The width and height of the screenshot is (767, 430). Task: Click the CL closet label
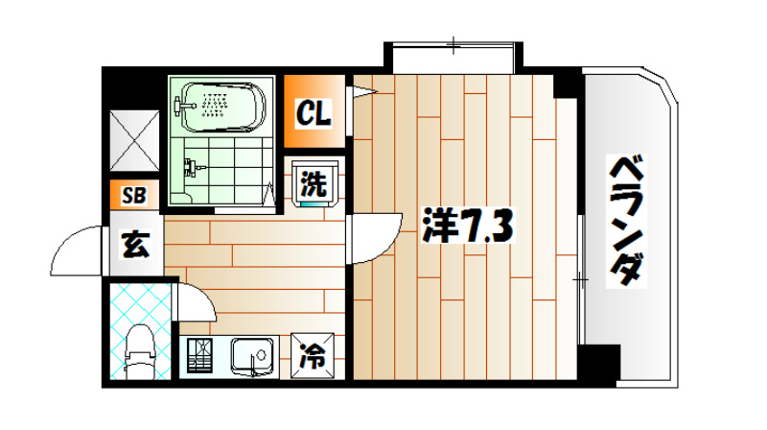pos(313,115)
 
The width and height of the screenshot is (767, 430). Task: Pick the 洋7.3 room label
pos(470,227)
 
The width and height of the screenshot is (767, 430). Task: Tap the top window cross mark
pos(453,42)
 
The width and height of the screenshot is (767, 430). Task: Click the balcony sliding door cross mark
pos(579,278)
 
